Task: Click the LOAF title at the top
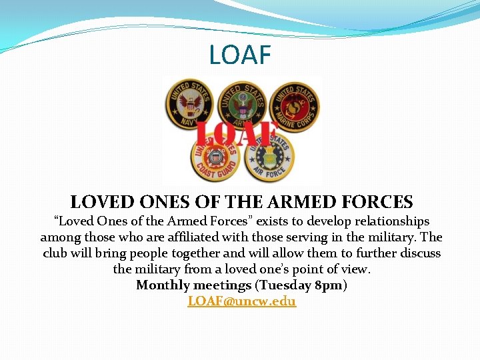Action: pyautogui.click(x=240, y=55)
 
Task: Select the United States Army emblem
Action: pyautogui.click(x=243, y=104)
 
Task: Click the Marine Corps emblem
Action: pyautogui.click(x=295, y=105)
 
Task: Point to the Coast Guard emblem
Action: pyautogui.click(x=214, y=159)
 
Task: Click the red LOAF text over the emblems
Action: pyautogui.click(x=236, y=133)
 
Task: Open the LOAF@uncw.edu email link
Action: pyautogui.click(x=241, y=301)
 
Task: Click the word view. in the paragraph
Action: pyautogui.click(x=355, y=269)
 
